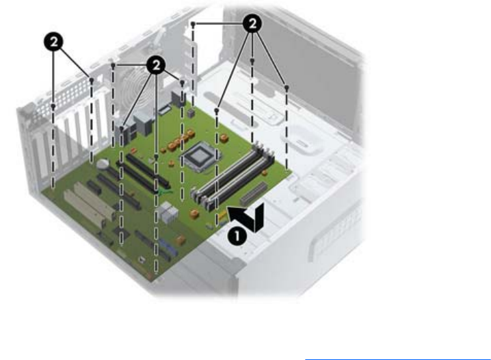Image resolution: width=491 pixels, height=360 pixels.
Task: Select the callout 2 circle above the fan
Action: click(x=157, y=65)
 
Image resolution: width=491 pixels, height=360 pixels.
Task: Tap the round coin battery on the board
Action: click(x=103, y=164)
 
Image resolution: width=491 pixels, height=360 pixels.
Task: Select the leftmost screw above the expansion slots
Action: click(x=53, y=106)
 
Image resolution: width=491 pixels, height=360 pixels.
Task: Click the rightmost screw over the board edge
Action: click(x=286, y=88)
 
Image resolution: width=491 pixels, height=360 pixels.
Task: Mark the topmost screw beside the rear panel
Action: click(x=194, y=24)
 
